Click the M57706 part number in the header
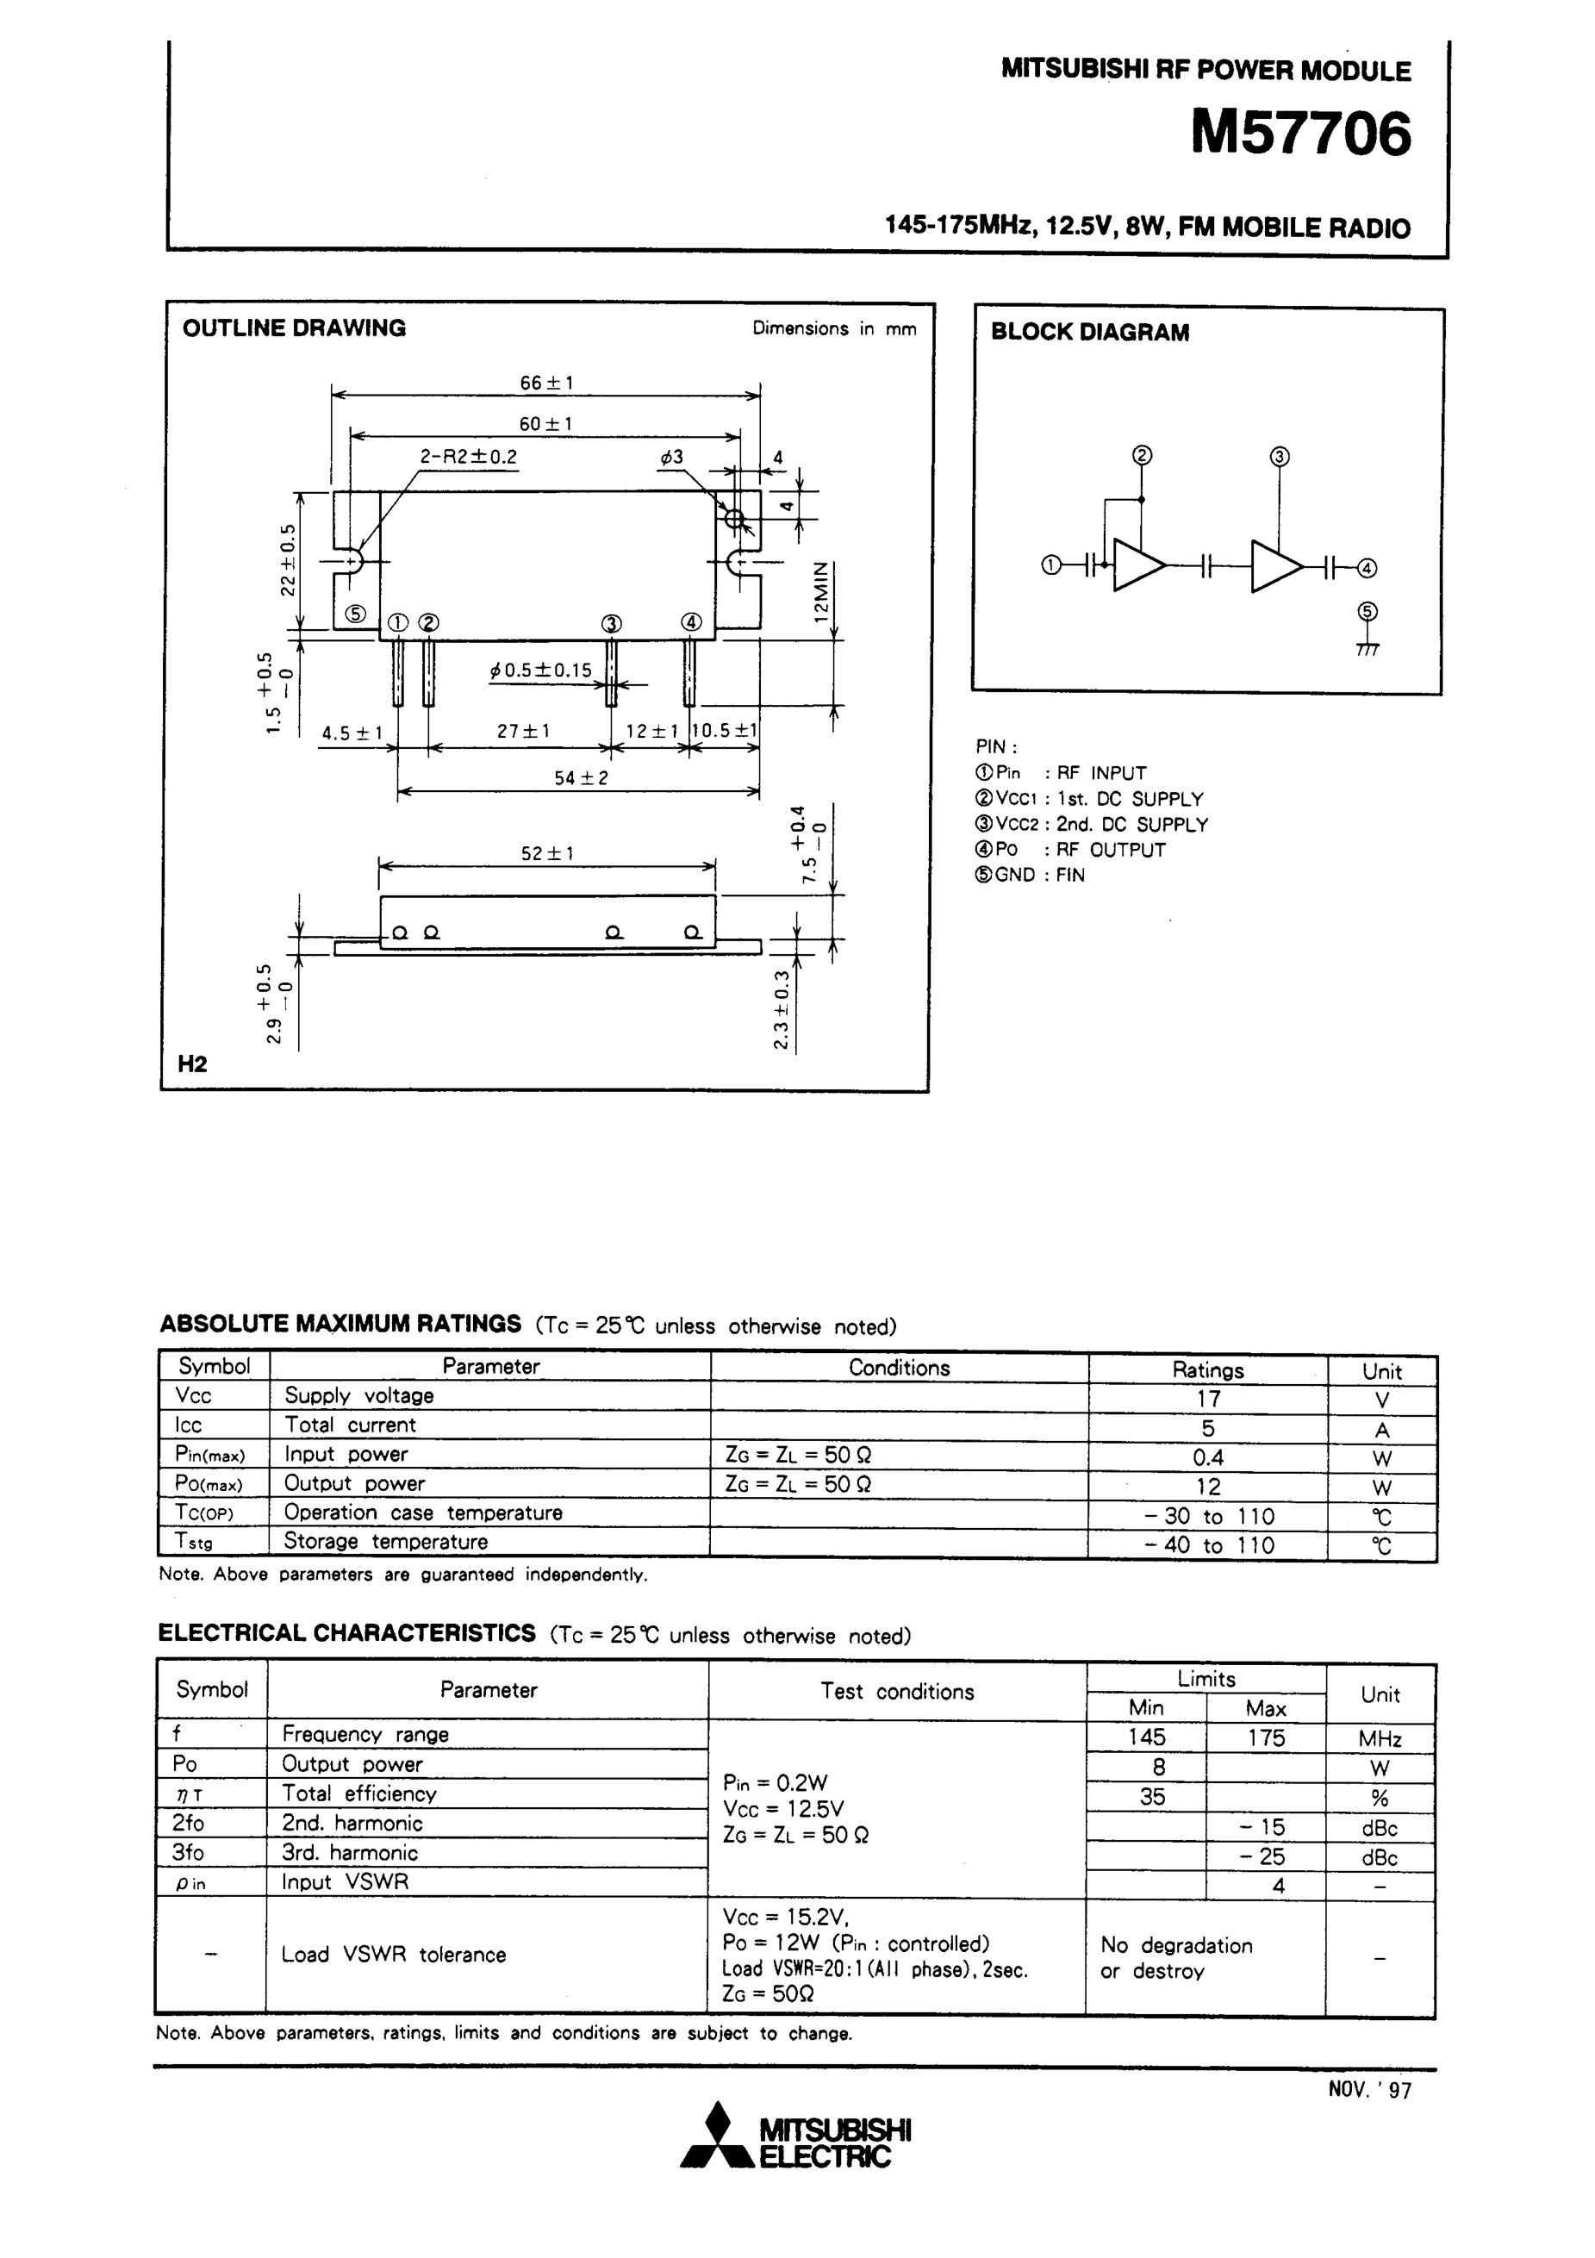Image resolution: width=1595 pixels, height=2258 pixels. pyautogui.click(x=1300, y=134)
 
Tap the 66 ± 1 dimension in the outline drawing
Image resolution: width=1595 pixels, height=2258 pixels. pyautogui.click(x=546, y=382)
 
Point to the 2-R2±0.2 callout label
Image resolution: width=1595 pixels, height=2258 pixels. pyautogui.click(x=468, y=456)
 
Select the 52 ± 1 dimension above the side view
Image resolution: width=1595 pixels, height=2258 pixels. pyautogui.click(x=546, y=852)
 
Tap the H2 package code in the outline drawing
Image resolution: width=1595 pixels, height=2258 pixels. pyautogui.click(x=192, y=1064)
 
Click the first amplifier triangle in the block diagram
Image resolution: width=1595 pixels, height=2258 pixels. pyautogui.click(x=1137, y=565)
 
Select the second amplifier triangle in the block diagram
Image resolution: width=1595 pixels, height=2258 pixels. pyautogui.click(x=1274, y=565)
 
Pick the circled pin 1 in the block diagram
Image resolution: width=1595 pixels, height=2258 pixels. pyautogui.click(x=1050, y=565)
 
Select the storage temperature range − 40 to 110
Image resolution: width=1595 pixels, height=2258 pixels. pyautogui.click(x=1209, y=1545)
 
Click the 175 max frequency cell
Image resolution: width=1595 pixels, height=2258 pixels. pyautogui.click(x=1266, y=1737)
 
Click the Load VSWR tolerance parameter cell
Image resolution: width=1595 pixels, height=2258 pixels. pyautogui.click(x=393, y=1954)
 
